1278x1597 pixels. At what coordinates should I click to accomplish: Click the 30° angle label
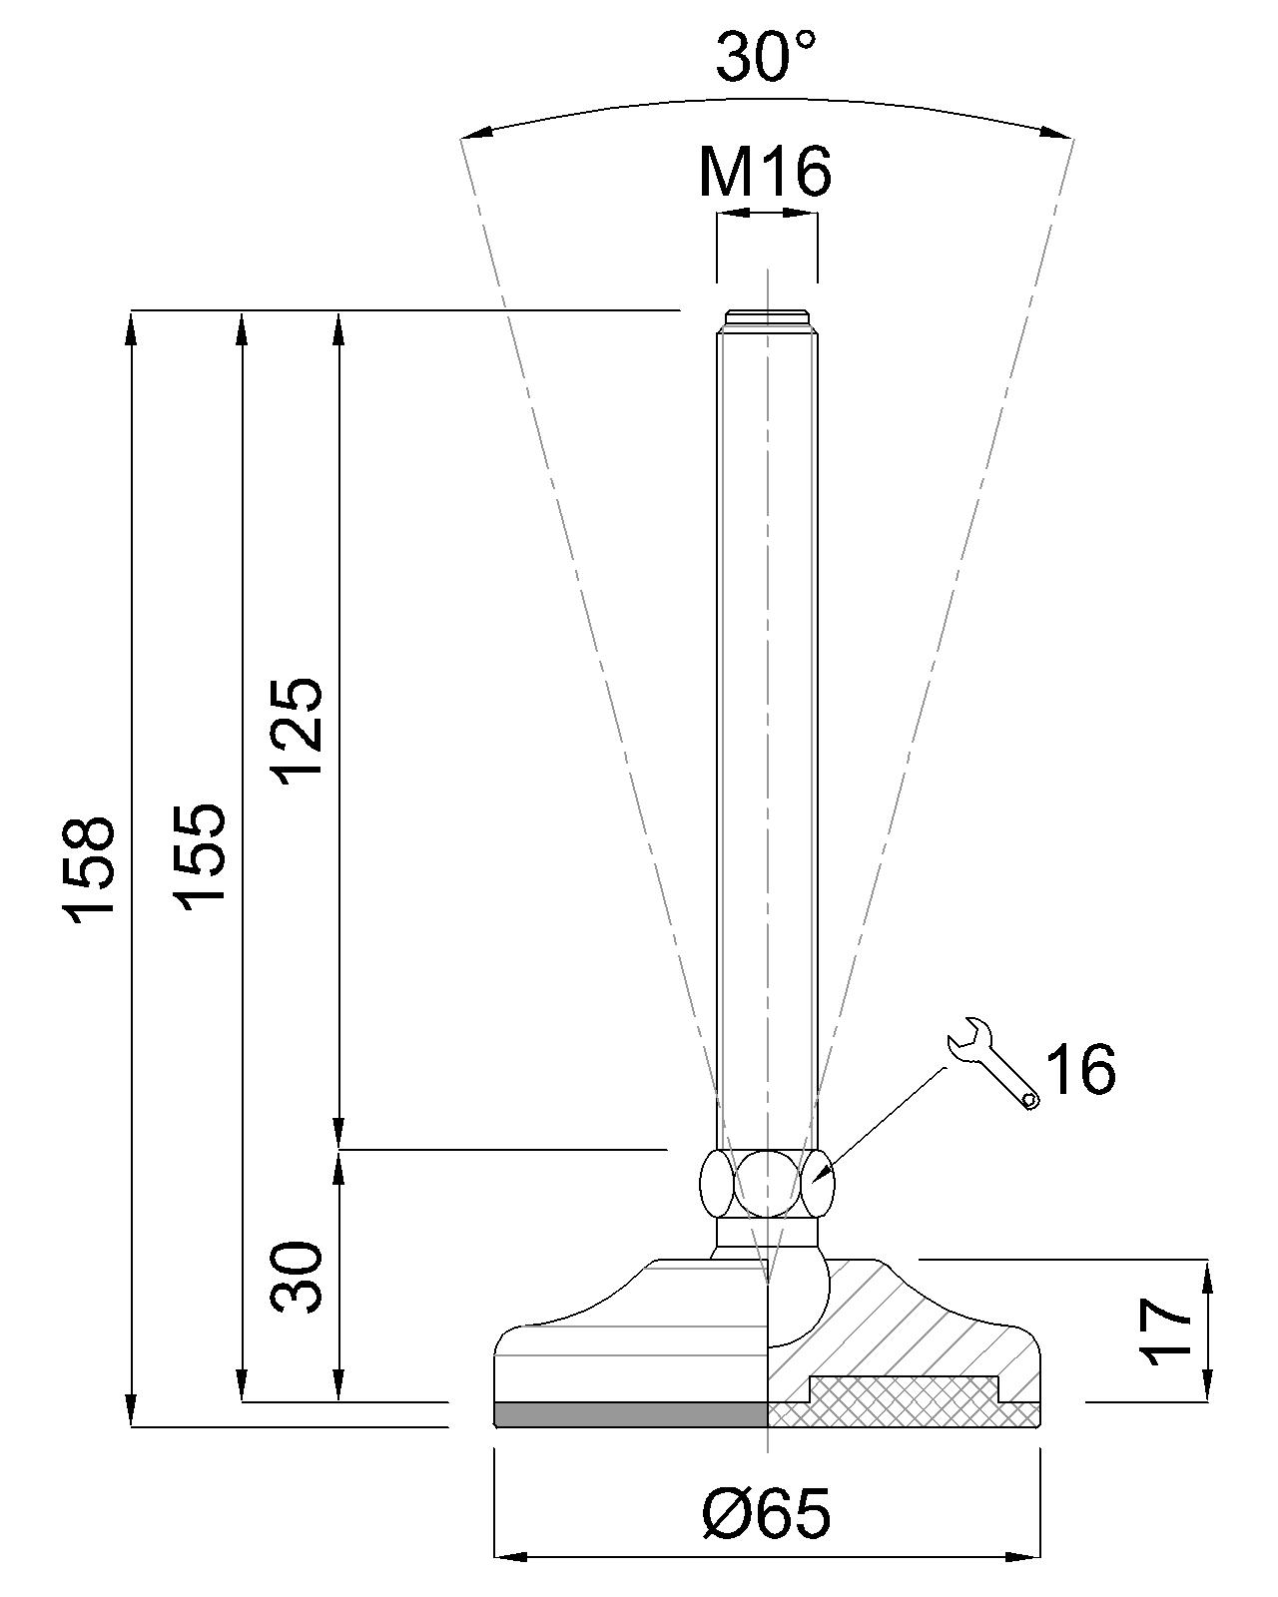coord(766,56)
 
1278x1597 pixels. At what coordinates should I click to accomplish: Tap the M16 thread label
coord(765,172)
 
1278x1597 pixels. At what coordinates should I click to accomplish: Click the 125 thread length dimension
coord(300,732)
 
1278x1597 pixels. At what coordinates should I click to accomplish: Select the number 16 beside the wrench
coord(1080,1069)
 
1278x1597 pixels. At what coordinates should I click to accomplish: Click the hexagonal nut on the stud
coord(768,1183)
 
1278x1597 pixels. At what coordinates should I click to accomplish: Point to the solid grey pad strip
coord(631,1413)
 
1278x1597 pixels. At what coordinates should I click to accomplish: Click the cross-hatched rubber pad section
coord(904,1402)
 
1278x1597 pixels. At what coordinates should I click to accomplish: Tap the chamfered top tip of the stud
coord(767,318)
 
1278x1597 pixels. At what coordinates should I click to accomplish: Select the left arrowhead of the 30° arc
coord(478,133)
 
